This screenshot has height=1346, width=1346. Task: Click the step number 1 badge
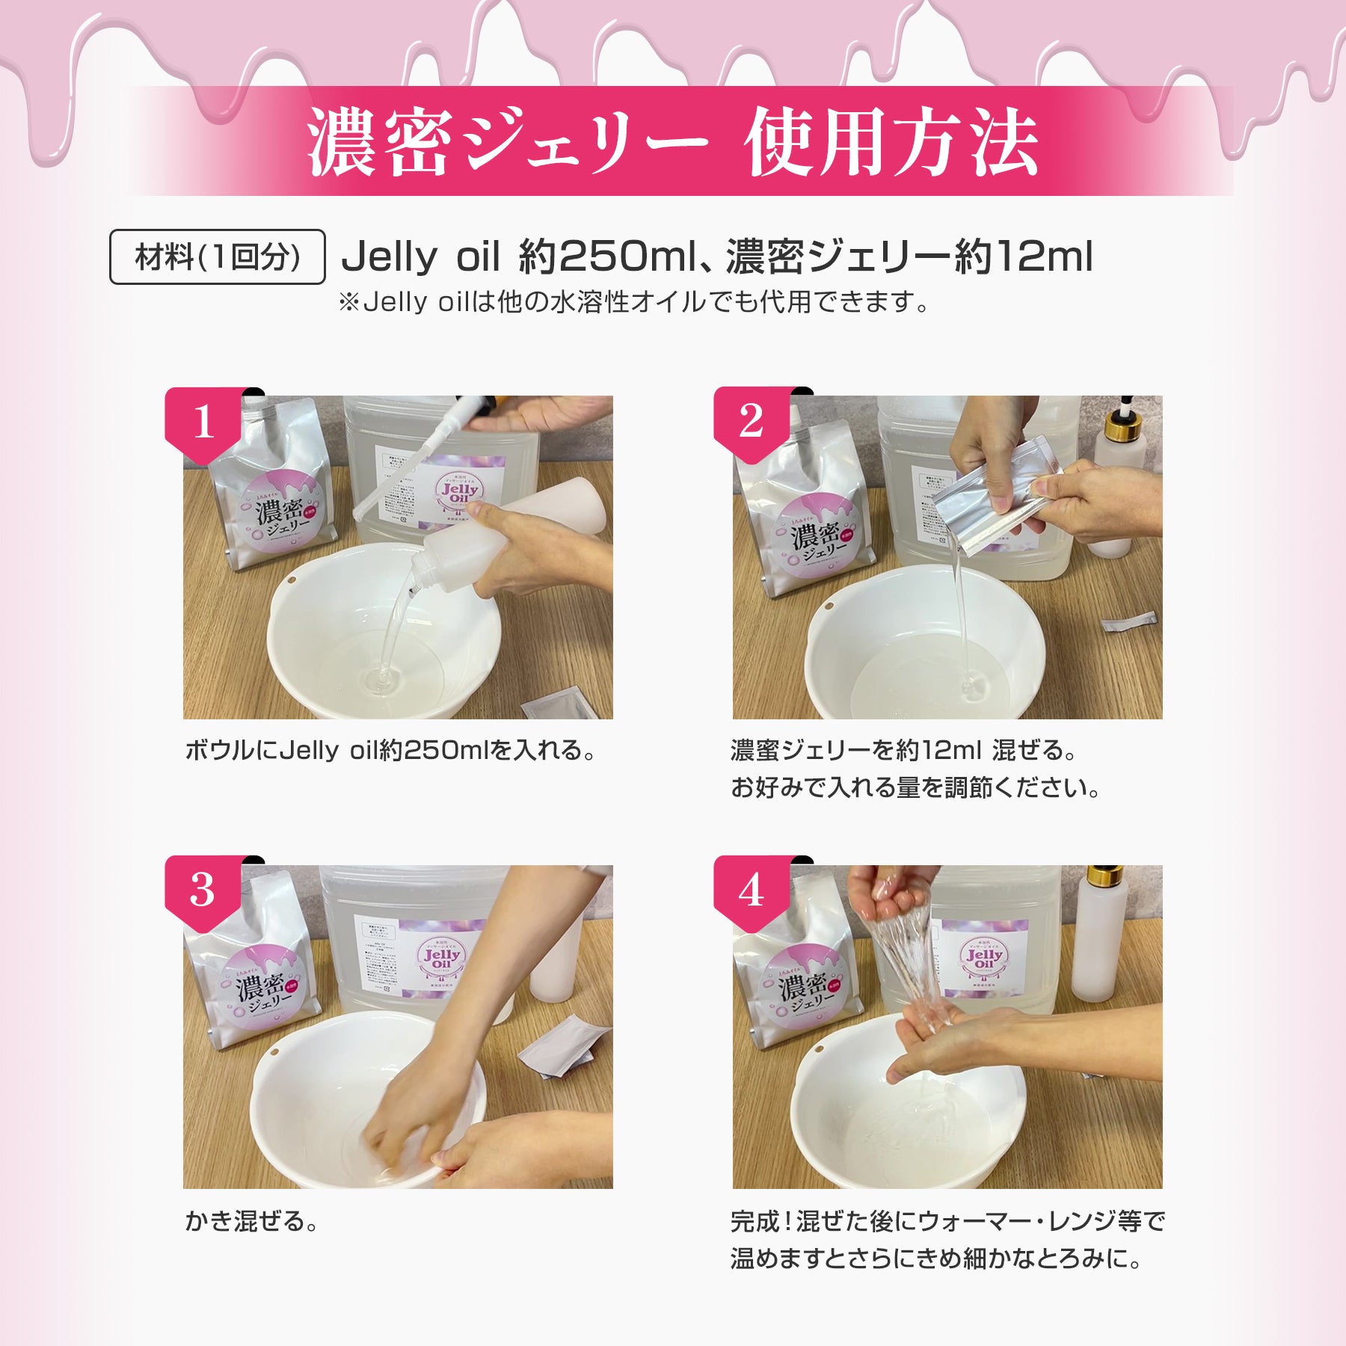pos(203,422)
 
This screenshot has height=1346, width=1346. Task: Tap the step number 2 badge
pos(751,422)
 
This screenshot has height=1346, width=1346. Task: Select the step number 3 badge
pos(203,890)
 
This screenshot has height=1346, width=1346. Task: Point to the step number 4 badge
pos(751,890)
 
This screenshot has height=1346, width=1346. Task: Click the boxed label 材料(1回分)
pos(218,257)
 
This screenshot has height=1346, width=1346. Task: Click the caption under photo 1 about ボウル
pos(390,750)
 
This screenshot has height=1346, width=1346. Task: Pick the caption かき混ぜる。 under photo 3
pos(251,1221)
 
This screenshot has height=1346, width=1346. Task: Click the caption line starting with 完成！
pos(947,1221)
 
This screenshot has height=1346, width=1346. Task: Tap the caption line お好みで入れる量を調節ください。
pos(915,787)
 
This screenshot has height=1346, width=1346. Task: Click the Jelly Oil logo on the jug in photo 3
pos(441,959)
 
